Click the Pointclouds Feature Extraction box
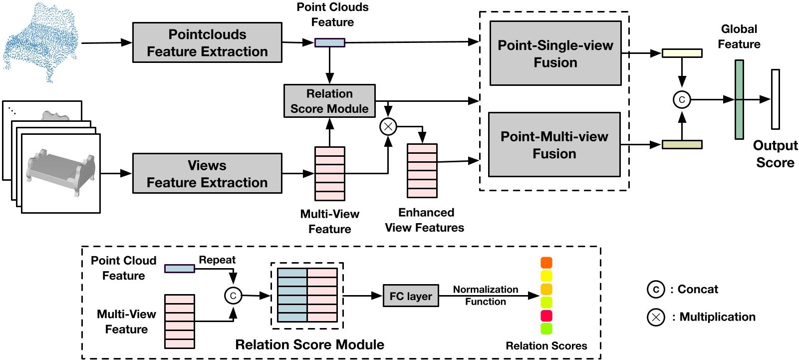click(207, 43)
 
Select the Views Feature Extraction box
click(207, 174)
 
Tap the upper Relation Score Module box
click(329, 101)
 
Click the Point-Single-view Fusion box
click(555, 53)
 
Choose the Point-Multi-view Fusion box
click(554, 145)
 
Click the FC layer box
click(411, 296)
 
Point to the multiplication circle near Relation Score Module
click(388, 127)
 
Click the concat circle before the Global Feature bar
click(682, 99)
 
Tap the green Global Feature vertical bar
click(739, 99)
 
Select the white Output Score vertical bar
click(775, 99)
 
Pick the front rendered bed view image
click(61, 173)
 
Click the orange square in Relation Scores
click(546, 263)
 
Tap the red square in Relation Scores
click(546, 316)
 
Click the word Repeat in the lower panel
click(217, 260)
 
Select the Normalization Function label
click(486, 296)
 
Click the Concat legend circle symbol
click(656, 290)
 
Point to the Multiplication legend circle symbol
click(656, 317)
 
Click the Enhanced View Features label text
click(425, 220)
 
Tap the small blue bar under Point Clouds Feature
click(329, 43)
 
